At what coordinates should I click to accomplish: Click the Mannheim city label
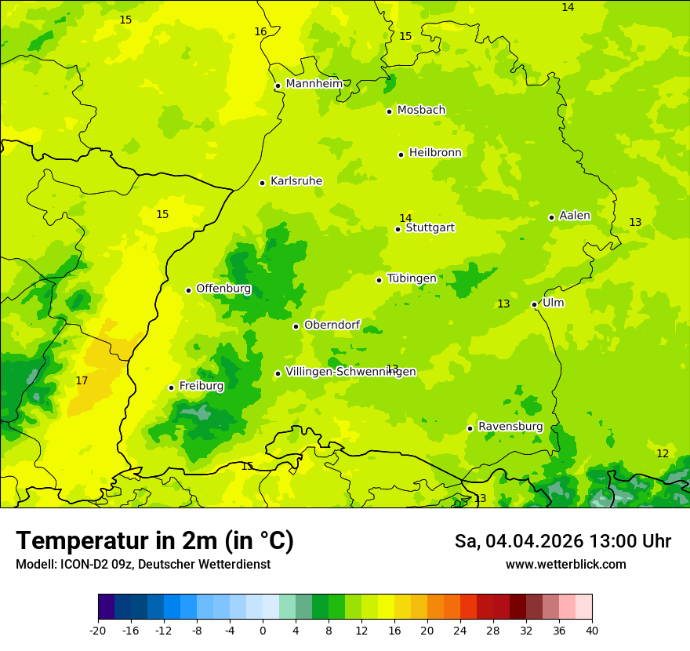[x=314, y=84]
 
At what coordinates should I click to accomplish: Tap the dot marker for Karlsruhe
[x=263, y=183]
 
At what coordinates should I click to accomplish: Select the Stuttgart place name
[x=430, y=228]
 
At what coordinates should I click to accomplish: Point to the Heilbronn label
[x=435, y=153]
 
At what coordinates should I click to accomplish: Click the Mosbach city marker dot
[x=389, y=111]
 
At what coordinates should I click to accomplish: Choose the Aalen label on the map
[x=574, y=216]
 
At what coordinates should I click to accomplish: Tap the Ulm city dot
[x=534, y=304]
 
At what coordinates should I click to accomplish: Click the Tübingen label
[x=411, y=278]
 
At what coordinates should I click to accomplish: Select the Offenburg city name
[x=223, y=289]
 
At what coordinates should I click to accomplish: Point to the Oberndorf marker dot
[x=296, y=326]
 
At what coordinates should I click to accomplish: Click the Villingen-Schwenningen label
[x=350, y=372]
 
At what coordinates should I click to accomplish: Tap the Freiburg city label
[x=201, y=386]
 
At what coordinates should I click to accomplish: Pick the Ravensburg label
[x=510, y=427]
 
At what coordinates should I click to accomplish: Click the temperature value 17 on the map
[x=82, y=381]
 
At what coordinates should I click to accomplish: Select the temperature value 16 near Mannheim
[x=260, y=32]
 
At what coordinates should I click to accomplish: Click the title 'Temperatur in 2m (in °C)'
[x=154, y=541]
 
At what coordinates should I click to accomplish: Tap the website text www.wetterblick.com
[x=565, y=565]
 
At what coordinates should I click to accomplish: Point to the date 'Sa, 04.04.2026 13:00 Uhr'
[x=562, y=541]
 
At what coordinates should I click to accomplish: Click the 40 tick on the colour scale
[x=591, y=630]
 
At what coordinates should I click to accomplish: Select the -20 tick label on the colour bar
[x=98, y=630]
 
